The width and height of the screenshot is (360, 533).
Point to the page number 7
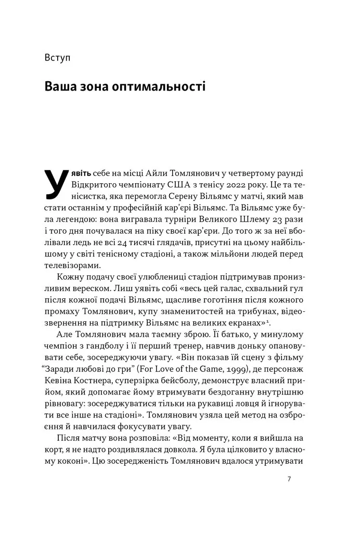tap(289, 479)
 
